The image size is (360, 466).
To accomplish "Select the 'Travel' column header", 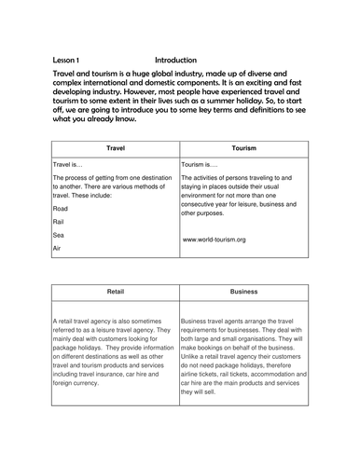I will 116,148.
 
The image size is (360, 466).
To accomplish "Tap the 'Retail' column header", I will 116,292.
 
